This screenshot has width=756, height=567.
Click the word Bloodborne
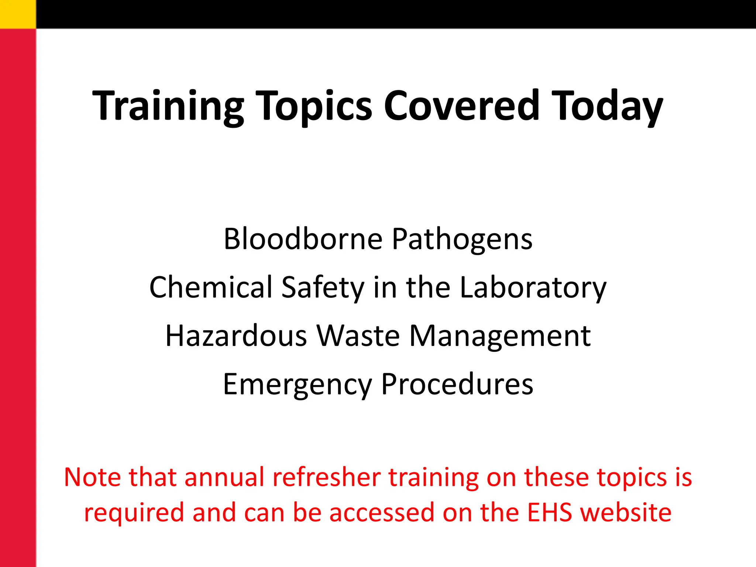pyautogui.click(x=303, y=239)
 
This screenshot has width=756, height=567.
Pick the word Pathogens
pyautogui.click(x=462, y=239)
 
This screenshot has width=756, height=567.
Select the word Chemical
pyautogui.click(x=211, y=287)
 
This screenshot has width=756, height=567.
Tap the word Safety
pyautogui.click(x=323, y=287)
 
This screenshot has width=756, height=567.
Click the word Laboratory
pyautogui.click(x=533, y=287)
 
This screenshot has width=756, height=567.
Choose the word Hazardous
pyautogui.click(x=236, y=336)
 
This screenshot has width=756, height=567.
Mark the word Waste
pyautogui.click(x=358, y=336)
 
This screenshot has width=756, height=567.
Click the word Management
pyautogui.click(x=500, y=336)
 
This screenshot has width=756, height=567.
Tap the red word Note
pyautogui.click(x=93, y=477)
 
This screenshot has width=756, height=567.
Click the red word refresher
pyautogui.click(x=327, y=477)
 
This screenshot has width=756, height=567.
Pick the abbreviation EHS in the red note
pyautogui.click(x=550, y=513)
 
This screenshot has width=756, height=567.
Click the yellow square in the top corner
pyautogui.click(x=18, y=14)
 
